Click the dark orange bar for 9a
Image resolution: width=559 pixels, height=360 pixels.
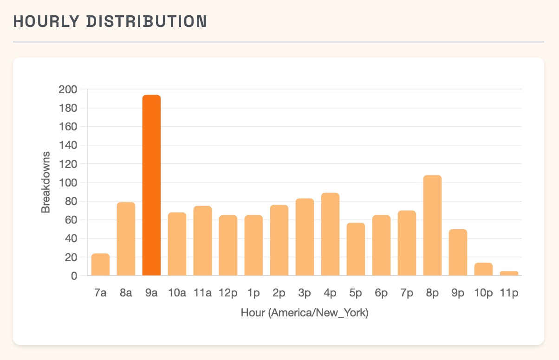tap(151, 186)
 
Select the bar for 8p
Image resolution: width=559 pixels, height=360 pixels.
tap(432, 225)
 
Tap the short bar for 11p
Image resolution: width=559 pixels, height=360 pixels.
tap(509, 273)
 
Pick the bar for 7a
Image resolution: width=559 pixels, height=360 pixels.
tap(100, 264)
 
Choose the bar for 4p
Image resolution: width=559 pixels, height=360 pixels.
tap(330, 234)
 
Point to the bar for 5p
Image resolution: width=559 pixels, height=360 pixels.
tap(356, 249)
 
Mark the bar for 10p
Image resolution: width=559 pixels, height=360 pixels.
tap(483, 269)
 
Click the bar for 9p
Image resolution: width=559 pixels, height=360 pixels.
tap(458, 252)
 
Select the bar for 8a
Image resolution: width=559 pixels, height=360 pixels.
tap(126, 239)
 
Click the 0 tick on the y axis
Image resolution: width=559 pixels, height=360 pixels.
tap(73, 276)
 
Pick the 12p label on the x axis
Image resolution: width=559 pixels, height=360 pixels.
tap(228, 293)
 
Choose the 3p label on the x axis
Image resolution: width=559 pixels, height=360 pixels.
tap(305, 293)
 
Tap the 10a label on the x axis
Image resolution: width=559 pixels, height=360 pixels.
tap(177, 293)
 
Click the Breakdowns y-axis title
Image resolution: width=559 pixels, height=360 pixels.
tap(45, 182)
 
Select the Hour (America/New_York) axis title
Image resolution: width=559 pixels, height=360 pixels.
tap(305, 313)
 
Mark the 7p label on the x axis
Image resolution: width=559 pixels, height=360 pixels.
tap(407, 293)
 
